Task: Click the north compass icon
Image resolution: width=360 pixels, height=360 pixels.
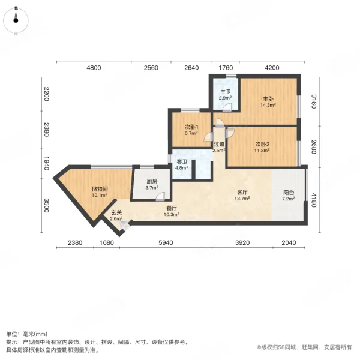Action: coord(16,20)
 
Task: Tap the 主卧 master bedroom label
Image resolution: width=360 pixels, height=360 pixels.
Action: coord(268,99)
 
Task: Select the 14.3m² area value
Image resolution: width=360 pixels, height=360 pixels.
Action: coord(268,105)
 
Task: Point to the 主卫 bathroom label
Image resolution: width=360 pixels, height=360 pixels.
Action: coord(226,92)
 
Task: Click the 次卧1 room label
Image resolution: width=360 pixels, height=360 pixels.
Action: coord(191,127)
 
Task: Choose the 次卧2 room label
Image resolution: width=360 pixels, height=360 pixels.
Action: coord(262,144)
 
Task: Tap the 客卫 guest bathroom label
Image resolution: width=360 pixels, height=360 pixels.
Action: coord(182,162)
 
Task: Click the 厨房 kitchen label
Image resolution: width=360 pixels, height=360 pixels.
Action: coord(152,182)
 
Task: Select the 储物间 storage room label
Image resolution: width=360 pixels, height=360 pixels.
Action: coord(100,189)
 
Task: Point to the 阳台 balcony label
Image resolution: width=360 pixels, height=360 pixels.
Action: coord(289,193)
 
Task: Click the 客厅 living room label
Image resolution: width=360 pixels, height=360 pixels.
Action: coord(242,192)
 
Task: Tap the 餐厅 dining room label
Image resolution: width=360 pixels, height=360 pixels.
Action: coord(172,208)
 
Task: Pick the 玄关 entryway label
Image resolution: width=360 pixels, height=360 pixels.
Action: coord(116,213)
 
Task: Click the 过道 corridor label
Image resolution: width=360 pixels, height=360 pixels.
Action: coord(219,144)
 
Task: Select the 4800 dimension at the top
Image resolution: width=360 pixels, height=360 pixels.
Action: coord(94,68)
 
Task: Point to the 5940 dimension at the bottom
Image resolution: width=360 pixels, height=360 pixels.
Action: coord(166,242)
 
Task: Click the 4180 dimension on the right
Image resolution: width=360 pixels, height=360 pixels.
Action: coord(314,200)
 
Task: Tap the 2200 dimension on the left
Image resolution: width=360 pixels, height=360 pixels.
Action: coord(46,94)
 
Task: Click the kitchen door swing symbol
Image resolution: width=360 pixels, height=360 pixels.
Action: coord(160,197)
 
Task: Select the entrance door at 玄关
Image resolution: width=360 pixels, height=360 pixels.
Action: coord(125,226)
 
